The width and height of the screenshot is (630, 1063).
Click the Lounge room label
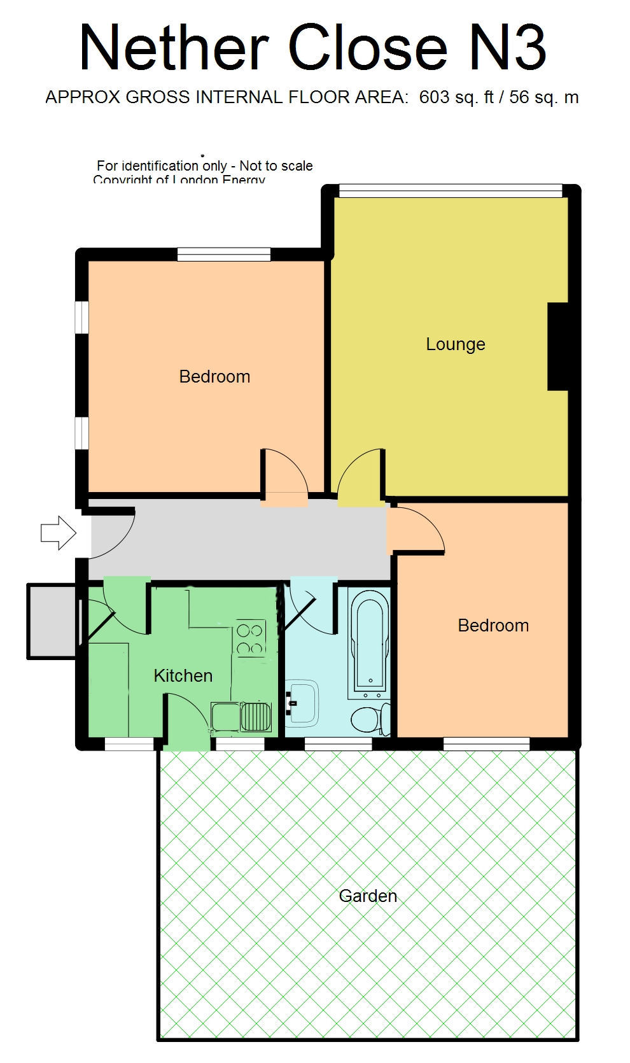pyautogui.click(x=455, y=344)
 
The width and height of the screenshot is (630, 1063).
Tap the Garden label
pyautogui.click(x=368, y=896)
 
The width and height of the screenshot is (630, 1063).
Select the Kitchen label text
pyautogui.click(x=183, y=675)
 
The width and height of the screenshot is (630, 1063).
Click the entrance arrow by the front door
pyautogui.click(x=58, y=532)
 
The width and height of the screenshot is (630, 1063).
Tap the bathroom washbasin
pyautogui.click(x=302, y=703)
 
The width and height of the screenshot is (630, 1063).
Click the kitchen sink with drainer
pyautogui.click(x=241, y=717)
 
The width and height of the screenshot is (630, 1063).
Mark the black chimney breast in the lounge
pyautogui.click(x=557, y=346)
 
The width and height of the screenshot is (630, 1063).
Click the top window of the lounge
pyautogui.click(x=450, y=190)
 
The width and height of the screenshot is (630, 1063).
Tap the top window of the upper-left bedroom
pyautogui.click(x=224, y=255)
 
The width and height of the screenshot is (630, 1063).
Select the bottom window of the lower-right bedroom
pyautogui.click(x=486, y=743)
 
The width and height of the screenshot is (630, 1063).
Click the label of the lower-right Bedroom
pyautogui.click(x=493, y=626)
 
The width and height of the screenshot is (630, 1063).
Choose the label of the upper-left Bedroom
pyautogui.click(x=214, y=377)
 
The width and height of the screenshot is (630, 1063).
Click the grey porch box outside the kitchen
pyautogui.click(x=51, y=621)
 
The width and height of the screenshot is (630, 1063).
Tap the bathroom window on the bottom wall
pyautogui.click(x=338, y=743)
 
